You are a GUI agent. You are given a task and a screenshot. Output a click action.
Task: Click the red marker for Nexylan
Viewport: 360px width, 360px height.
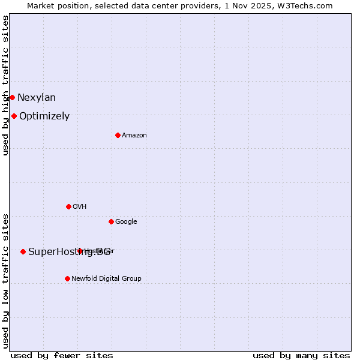point(12,97)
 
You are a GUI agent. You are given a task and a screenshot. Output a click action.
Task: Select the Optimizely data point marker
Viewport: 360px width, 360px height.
point(14,116)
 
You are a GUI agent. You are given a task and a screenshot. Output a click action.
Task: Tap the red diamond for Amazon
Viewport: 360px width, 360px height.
point(118,135)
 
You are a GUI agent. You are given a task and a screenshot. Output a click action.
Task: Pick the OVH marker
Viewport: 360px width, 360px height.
point(68,206)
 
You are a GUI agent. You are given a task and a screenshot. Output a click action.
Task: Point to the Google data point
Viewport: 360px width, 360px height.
point(111,221)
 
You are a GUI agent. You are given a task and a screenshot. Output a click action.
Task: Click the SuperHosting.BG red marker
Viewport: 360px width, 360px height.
point(23,251)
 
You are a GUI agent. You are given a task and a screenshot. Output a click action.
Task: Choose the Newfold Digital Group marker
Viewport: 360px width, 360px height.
point(67,278)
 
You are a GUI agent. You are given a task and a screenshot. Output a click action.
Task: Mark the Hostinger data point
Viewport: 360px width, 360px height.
point(80,251)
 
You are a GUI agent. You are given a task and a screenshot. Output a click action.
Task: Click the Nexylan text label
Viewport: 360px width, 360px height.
point(37,97)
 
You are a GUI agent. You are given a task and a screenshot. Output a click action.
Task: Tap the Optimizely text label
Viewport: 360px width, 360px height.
point(44,116)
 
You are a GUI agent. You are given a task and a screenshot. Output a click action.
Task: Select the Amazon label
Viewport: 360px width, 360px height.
point(134,135)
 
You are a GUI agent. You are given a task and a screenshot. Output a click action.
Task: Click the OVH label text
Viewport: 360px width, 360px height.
point(80,206)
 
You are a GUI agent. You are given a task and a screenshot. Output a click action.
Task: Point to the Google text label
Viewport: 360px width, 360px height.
point(126,221)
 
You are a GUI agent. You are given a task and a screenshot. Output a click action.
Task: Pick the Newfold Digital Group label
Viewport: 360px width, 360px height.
point(106,278)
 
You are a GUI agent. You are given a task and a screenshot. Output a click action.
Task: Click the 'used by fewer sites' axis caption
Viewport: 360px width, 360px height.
point(62,355)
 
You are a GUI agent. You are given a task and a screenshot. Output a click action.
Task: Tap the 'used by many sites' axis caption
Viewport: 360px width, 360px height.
point(301,355)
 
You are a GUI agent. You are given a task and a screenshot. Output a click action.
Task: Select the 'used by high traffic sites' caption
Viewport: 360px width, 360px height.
point(5,85)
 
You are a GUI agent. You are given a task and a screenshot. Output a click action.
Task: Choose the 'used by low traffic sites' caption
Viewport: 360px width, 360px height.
point(5,280)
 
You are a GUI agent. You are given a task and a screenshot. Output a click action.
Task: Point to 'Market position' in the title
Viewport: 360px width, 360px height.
point(53,5)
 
